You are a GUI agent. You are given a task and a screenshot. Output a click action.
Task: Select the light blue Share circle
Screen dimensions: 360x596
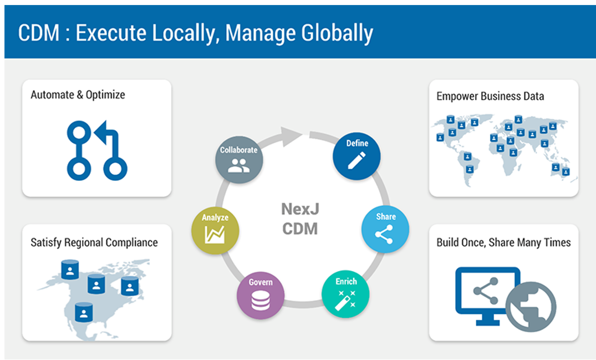point(385,229)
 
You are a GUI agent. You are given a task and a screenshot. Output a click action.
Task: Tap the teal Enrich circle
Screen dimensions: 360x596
point(346,293)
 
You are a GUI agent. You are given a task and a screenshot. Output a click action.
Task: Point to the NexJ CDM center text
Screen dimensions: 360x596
point(300,219)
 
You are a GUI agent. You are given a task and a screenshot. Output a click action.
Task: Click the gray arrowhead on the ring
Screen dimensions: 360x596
point(292,135)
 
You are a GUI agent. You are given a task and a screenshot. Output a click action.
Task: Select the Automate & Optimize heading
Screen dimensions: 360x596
point(78,95)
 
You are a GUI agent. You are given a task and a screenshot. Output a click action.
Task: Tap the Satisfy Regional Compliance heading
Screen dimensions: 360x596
point(94,242)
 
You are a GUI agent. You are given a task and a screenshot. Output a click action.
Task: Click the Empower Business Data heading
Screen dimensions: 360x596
point(490,96)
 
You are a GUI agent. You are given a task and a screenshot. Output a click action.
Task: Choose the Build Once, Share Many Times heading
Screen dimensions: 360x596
point(503,242)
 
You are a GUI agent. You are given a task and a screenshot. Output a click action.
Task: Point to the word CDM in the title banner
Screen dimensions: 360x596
point(38,33)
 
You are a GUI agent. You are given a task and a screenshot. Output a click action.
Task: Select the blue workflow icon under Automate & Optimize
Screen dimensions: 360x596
point(97,151)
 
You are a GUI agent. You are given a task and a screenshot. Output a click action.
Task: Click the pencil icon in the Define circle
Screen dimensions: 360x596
point(356,161)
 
